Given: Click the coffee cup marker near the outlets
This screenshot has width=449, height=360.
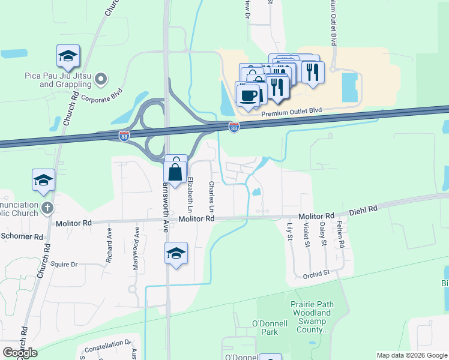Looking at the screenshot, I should point(248,95).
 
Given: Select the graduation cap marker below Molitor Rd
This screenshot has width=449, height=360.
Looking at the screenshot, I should point(175,254).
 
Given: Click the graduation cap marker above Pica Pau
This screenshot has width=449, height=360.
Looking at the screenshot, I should point(68,57).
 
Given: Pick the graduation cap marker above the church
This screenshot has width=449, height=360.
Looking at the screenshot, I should point(44,181).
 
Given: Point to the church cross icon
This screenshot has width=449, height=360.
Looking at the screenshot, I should point(49,209).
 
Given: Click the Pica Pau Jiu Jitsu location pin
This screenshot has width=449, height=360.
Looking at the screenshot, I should point(101,78).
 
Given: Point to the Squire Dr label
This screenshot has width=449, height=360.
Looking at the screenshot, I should point(65,264).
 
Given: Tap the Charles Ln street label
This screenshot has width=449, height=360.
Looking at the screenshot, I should point(211,196).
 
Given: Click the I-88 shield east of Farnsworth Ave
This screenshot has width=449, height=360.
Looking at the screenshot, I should point(234,127).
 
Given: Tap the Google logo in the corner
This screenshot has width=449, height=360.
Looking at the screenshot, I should point(20,352).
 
